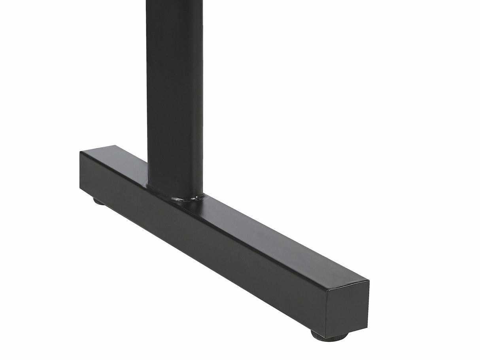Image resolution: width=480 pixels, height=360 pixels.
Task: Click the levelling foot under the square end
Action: tap(329, 335)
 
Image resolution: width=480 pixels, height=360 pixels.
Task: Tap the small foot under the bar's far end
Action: tap(99, 201)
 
